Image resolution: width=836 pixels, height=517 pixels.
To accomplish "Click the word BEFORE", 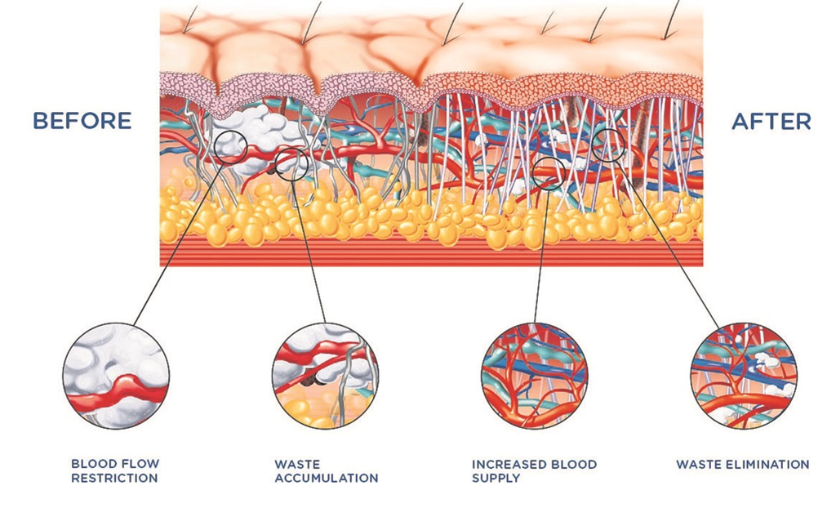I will tap(82, 121).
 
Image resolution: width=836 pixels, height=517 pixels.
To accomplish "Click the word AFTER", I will tap(771, 122).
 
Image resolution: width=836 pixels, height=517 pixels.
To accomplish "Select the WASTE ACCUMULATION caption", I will tap(326, 471).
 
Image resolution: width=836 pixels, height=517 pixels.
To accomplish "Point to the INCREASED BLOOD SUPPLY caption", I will tap(534, 471).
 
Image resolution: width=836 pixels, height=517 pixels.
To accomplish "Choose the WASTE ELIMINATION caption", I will tap(742, 465).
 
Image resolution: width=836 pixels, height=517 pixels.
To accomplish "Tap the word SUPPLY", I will tap(496, 479).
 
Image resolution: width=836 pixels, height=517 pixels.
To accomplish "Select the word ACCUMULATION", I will tap(326, 479).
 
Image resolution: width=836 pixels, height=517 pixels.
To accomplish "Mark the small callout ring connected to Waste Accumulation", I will tap(291, 164).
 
